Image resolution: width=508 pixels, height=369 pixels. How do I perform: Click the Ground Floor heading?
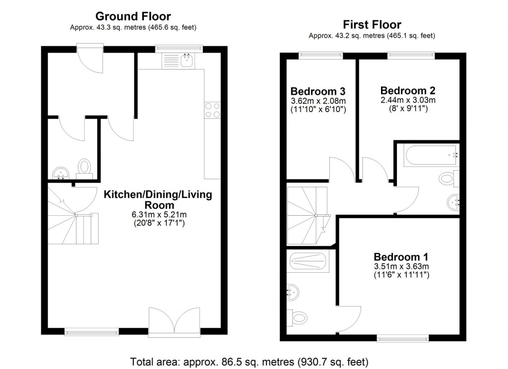point(132,17)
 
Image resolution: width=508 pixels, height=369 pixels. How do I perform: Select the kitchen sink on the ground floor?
point(187,61)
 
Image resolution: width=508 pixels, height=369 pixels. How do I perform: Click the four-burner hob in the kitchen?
point(213,110)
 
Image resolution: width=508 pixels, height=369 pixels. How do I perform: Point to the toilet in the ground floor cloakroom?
point(85,167)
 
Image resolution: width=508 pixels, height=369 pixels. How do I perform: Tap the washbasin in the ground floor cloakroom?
point(61,173)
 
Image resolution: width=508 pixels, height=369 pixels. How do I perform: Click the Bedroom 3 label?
point(317,92)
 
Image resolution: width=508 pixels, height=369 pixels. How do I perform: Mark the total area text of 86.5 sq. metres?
point(250,361)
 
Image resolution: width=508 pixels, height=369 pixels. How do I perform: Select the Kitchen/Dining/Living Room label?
point(158,199)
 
